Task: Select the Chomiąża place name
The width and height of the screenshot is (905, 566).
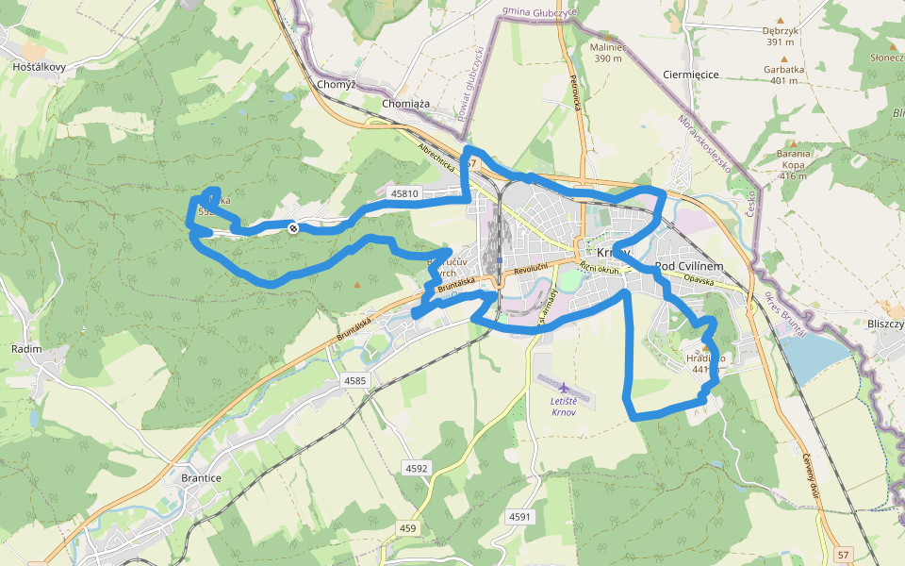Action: (x=406, y=103)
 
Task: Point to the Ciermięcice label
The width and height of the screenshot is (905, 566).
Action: (x=691, y=75)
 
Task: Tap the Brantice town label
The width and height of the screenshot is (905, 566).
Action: (x=200, y=478)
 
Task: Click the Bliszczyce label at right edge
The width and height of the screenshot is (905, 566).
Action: (x=885, y=324)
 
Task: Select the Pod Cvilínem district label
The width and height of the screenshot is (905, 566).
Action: (x=688, y=267)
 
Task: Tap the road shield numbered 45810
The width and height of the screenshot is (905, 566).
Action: (x=403, y=193)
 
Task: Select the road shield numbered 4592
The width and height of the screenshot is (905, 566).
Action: (x=416, y=468)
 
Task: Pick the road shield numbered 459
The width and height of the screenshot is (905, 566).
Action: (x=407, y=528)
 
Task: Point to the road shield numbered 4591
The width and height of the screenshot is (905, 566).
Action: (x=519, y=517)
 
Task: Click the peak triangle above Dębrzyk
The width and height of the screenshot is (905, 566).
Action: (x=780, y=20)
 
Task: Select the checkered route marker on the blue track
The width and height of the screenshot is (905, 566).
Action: (x=294, y=227)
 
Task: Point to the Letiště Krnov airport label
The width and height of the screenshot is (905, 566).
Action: (x=564, y=408)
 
